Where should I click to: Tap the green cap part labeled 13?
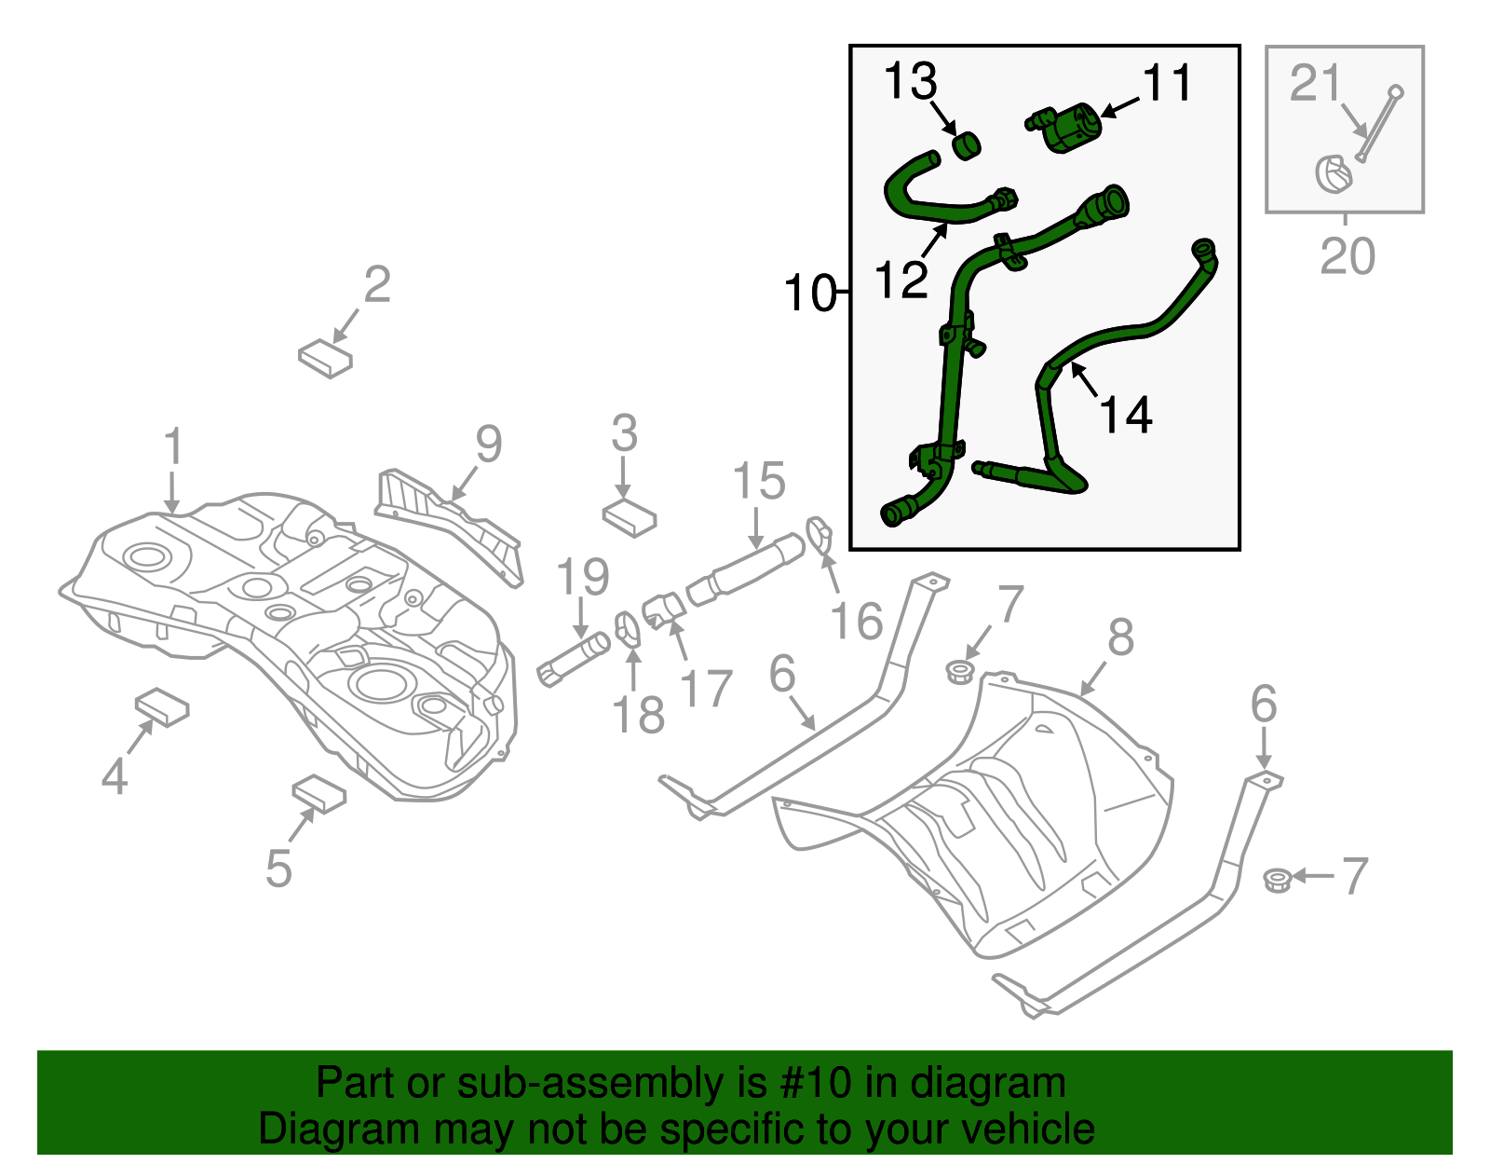point(968,145)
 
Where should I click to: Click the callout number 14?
point(1126,414)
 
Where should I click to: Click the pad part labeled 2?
point(325,358)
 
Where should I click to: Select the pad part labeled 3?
point(630,517)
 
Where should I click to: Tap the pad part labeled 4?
point(163,707)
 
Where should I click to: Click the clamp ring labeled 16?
point(819,534)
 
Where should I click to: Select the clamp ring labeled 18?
point(629,629)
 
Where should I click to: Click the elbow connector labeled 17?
point(665,609)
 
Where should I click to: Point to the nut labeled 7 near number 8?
point(958,671)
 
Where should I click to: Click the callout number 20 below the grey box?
point(1347,255)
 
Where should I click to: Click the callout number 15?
point(758,481)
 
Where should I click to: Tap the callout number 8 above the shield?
point(1120,637)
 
